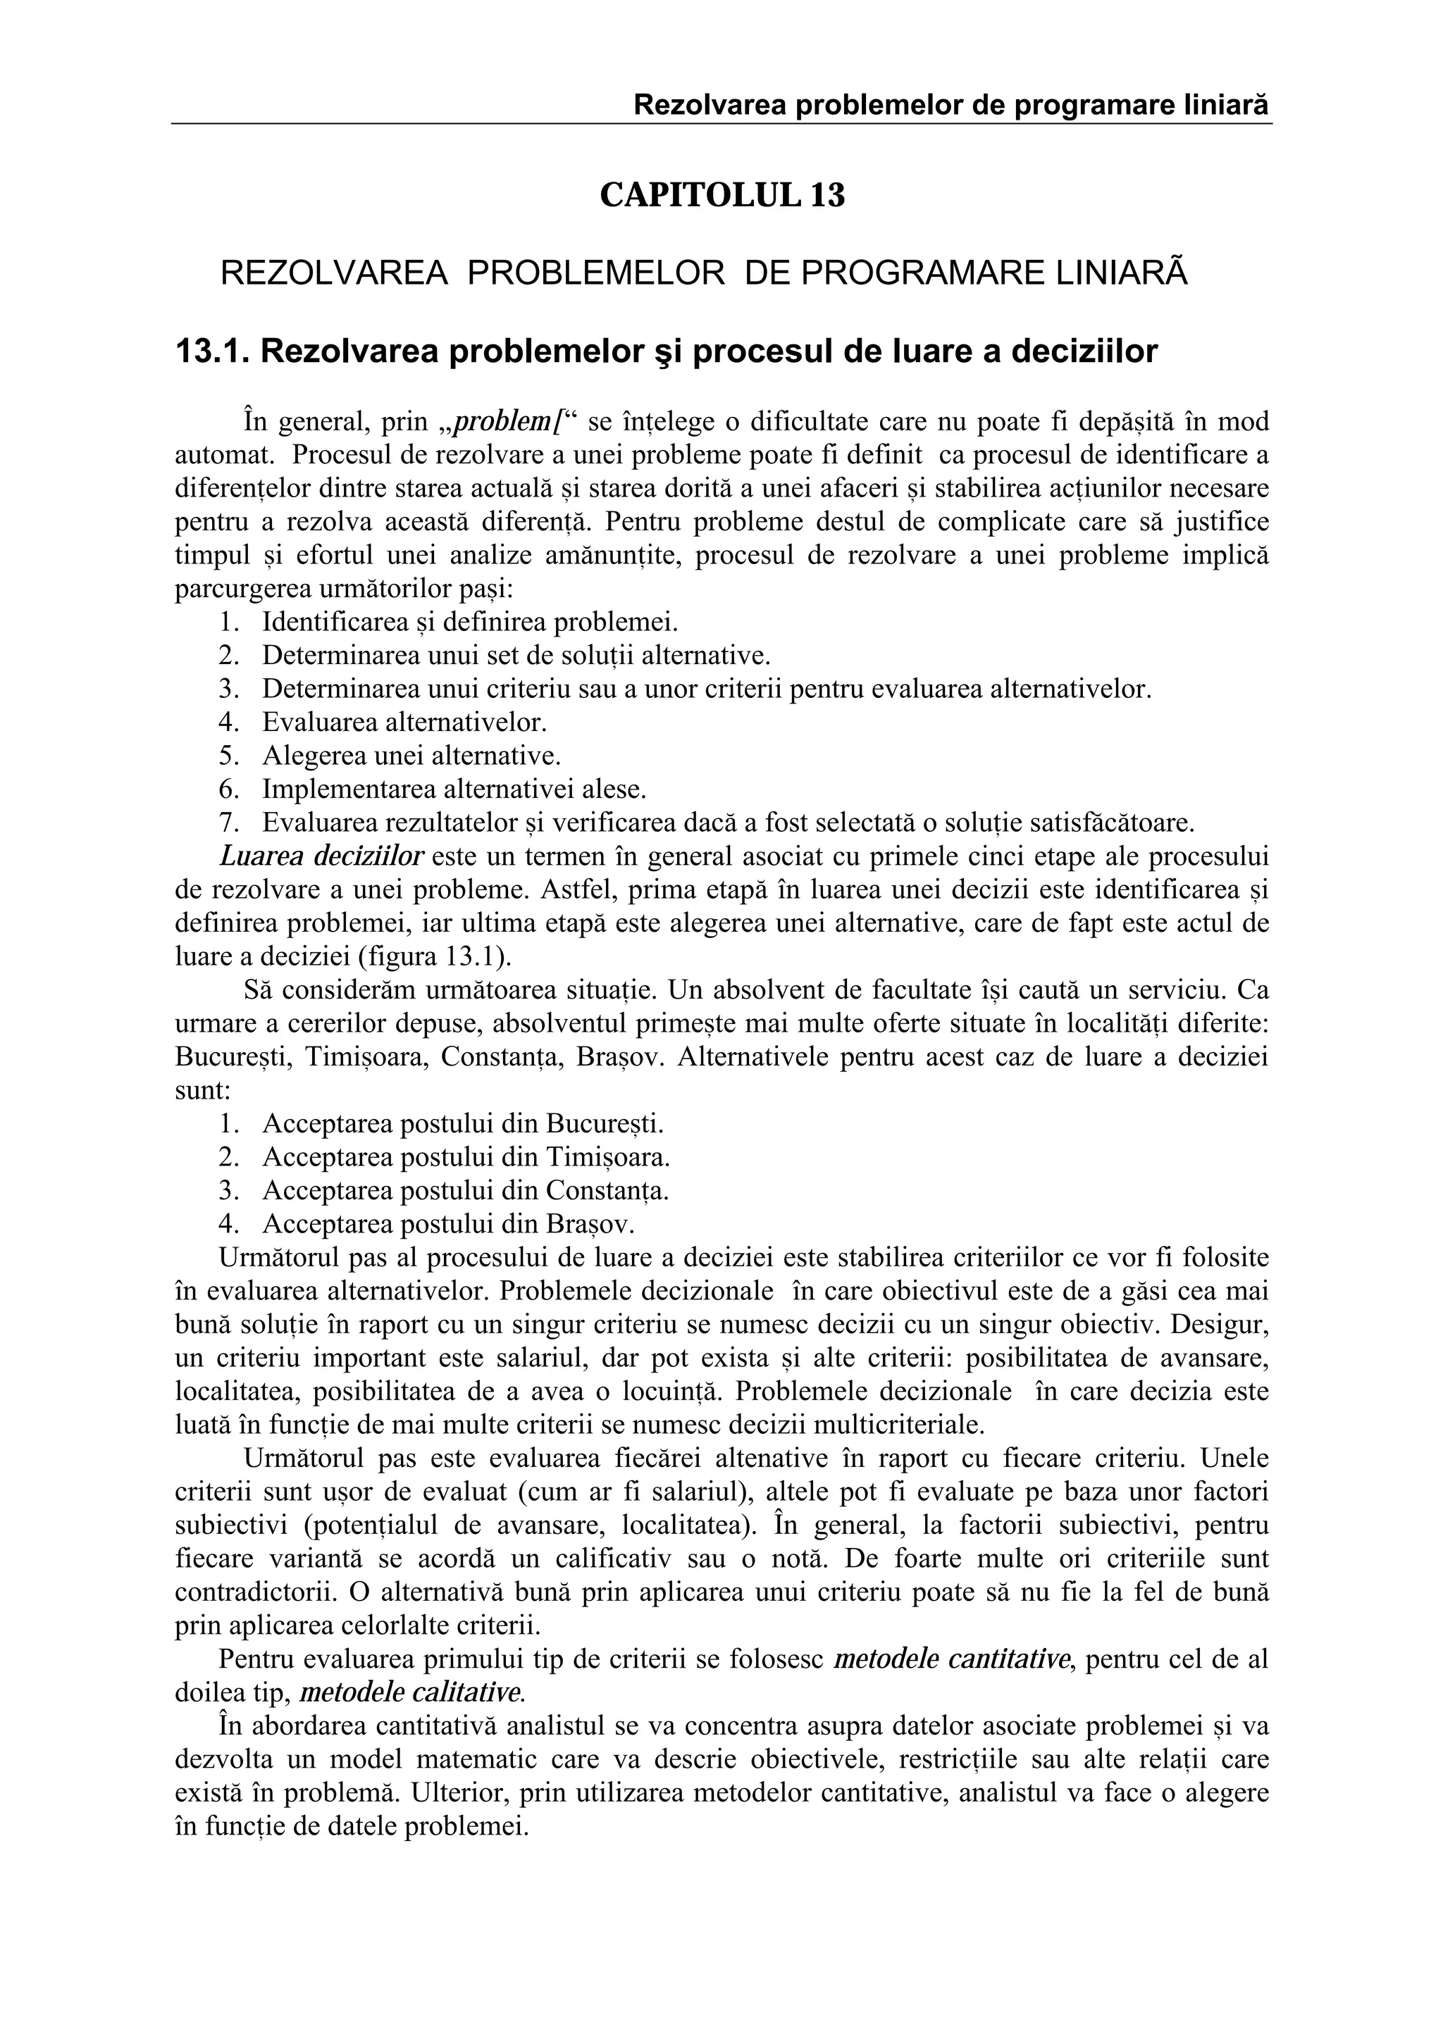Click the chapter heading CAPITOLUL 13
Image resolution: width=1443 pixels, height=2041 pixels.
(x=722, y=194)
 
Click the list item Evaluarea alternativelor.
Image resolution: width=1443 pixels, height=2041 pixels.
(x=404, y=722)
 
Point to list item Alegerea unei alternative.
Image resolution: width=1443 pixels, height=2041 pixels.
(x=411, y=756)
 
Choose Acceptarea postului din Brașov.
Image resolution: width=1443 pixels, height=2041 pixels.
(x=448, y=1225)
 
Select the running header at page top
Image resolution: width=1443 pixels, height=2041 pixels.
(x=950, y=106)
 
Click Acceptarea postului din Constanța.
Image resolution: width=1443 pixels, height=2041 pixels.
(x=465, y=1191)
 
